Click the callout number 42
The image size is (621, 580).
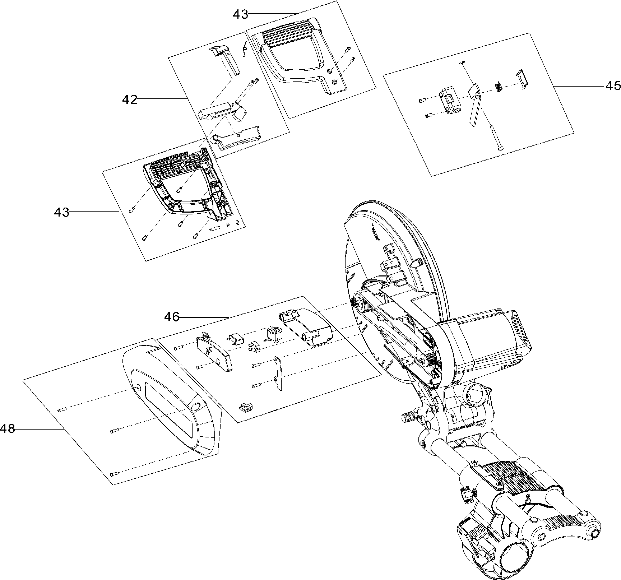(130, 99)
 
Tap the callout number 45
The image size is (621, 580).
(613, 86)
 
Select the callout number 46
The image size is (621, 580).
(172, 317)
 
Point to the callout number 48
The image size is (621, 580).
(7, 428)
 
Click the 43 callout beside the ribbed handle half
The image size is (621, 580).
(240, 14)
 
